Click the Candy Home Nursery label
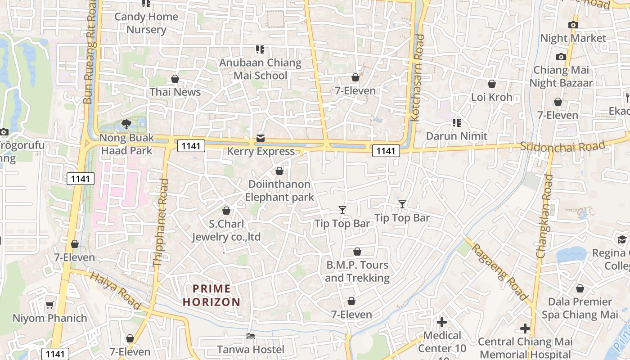pyautogui.click(x=146, y=23)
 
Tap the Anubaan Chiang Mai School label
pyautogui.click(x=260, y=69)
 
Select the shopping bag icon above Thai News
pyautogui.click(x=175, y=79)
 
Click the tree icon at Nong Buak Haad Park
pyautogui.click(x=126, y=124)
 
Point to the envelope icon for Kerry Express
pyautogui.click(x=261, y=138)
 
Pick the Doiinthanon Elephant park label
pyautogui.click(x=279, y=190)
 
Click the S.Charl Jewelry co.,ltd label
pyautogui.click(x=226, y=230)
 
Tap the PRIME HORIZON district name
pyautogui.click(x=211, y=295)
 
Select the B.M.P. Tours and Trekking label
pyautogui.click(x=357, y=271)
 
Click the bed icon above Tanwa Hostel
pyautogui.click(x=251, y=336)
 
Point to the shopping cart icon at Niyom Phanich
pyautogui.click(x=50, y=305)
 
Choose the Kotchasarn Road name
pyautogui.click(x=417, y=77)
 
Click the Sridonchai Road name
pyautogui.click(x=562, y=147)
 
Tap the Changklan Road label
pyautogui.click(x=545, y=216)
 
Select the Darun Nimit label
pyautogui.click(x=456, y=136)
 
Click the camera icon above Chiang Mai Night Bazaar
pyautogui.click(x=561, y=57)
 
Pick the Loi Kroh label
pyautogui.click(x=491, y=97)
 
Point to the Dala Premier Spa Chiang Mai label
pyautogui.click(x=580, y=308)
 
